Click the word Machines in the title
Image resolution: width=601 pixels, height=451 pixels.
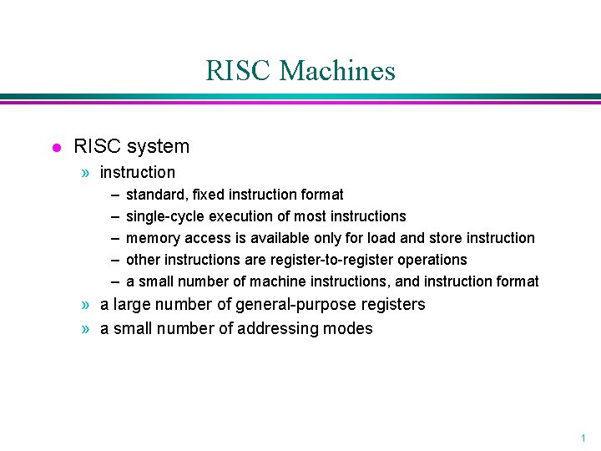(x=337, y=71)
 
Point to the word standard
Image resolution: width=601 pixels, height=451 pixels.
(x=155, y=195)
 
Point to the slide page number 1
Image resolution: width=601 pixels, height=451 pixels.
(x=583, y=438)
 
